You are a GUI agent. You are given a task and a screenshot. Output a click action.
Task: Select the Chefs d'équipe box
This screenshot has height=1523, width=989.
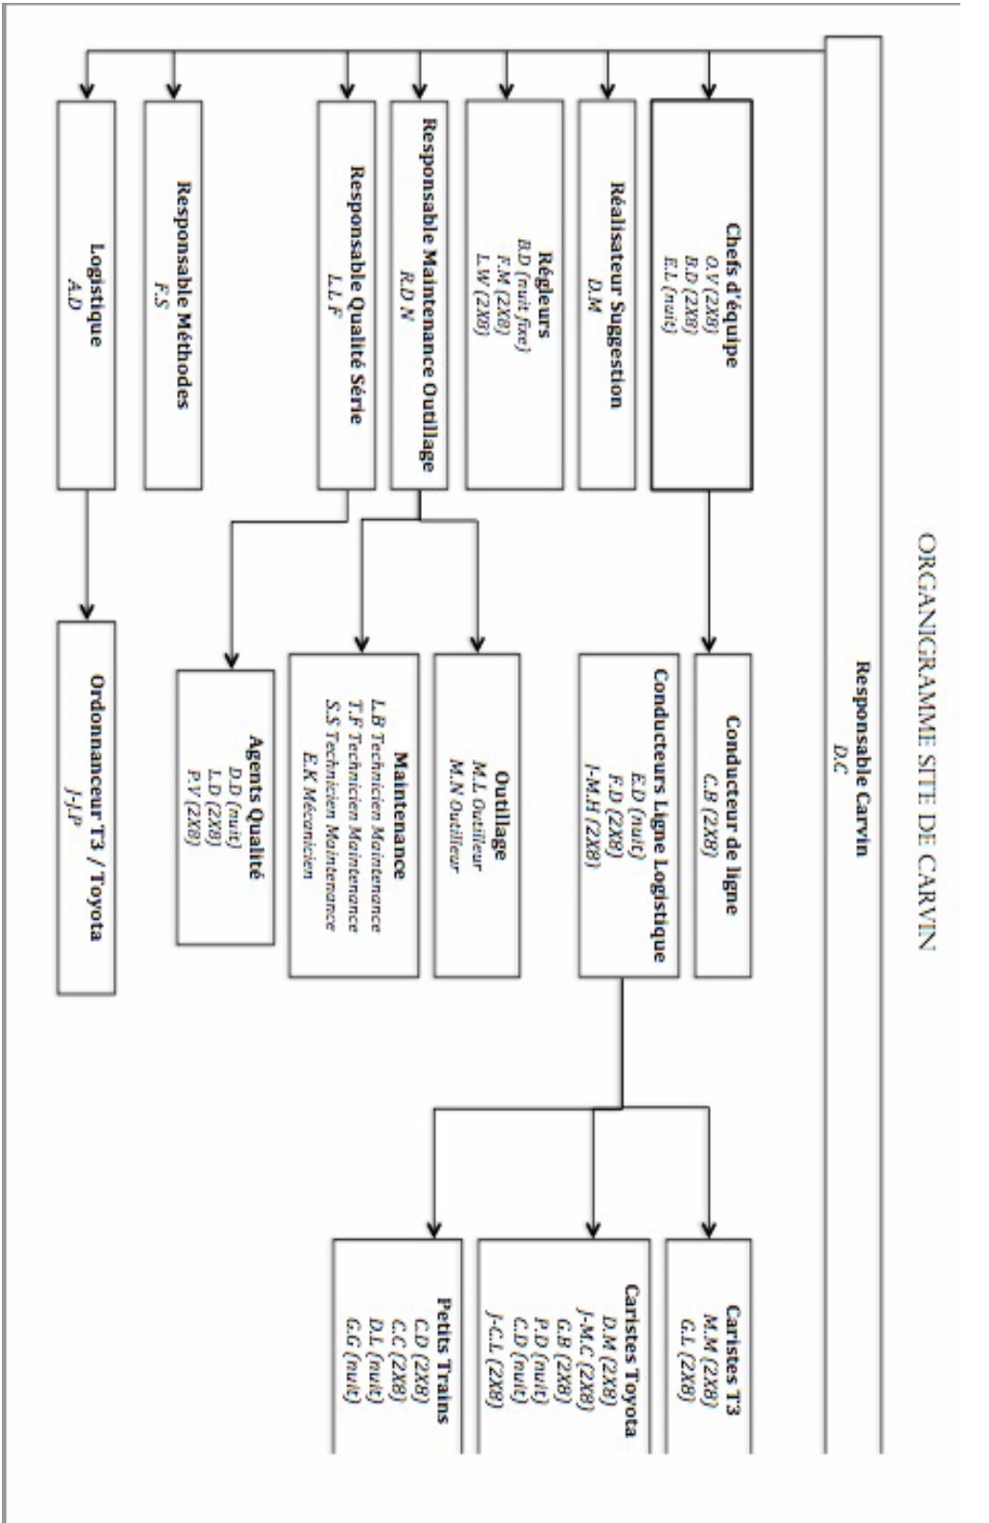701,295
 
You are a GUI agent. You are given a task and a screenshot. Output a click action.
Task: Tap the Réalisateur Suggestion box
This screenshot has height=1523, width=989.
606,295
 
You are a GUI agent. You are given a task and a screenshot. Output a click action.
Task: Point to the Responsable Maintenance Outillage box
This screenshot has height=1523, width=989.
420,295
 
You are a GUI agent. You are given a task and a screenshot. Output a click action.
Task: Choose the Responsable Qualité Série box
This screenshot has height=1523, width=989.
346,295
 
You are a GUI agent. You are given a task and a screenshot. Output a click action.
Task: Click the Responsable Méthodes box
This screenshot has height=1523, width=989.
173,295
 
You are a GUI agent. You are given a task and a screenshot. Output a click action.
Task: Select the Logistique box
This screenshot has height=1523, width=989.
86,295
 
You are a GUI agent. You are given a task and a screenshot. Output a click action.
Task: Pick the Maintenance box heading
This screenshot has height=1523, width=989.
401,815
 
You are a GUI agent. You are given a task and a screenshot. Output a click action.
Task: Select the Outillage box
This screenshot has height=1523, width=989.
477,815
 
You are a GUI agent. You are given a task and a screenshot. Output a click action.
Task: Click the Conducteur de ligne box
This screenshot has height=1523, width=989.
723,815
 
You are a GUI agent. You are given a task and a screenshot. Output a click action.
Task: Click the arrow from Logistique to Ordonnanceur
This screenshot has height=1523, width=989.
86,555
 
